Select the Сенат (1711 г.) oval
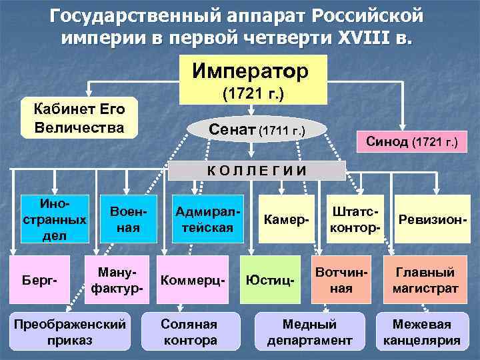pos(257,128)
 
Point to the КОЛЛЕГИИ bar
pos(257,169)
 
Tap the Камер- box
pos(285,219)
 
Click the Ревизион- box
pos(431,219)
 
